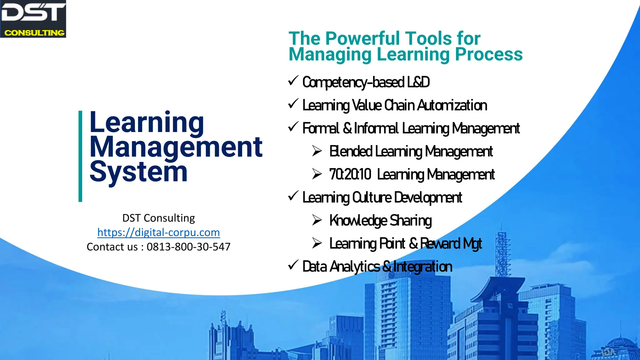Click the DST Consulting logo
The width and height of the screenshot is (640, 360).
33,19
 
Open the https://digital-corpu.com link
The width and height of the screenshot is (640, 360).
158,232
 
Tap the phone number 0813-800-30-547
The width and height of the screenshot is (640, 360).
188,247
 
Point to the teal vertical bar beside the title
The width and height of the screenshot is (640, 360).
80,156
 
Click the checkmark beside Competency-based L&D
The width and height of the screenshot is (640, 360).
293,81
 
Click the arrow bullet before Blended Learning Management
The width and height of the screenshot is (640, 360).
317,151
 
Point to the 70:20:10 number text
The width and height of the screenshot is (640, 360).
350,174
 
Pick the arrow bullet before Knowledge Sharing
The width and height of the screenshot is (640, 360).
317,220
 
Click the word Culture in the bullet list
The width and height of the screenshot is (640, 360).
372,197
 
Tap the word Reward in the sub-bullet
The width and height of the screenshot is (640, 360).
440,243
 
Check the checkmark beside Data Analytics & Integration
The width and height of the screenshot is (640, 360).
293,265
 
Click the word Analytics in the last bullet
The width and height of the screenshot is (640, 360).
355,267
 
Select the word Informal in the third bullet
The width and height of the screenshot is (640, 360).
377,128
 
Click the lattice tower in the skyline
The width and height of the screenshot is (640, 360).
502,256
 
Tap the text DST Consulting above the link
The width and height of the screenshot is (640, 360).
158,218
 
